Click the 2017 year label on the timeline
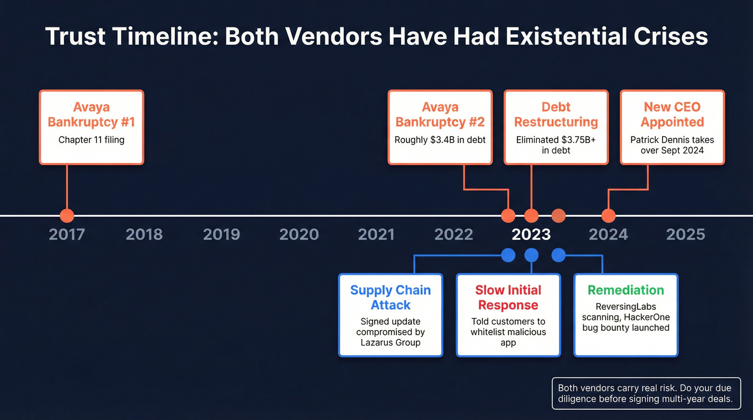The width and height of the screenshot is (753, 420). tap(67, 234)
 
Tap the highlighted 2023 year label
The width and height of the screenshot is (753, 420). tap(531, 234)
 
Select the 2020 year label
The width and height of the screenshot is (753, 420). tap(299, 234)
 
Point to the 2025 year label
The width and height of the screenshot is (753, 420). tap(685, 234)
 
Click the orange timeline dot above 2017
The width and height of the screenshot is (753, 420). tap(67, 216)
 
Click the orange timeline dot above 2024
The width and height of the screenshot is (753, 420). tap(608, 216)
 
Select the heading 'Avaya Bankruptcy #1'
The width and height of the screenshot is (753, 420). tap(91, 115)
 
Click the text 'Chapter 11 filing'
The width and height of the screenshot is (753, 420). tap(91, 140)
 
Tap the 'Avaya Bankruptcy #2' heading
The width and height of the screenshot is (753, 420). tap(440, 115)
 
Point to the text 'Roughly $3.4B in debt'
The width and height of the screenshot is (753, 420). tap(440, 140)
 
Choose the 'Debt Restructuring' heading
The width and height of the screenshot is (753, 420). tap(556, 115)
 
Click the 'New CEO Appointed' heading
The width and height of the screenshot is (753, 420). tap(672, 115)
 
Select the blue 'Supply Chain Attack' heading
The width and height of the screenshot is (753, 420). tap(390, 297)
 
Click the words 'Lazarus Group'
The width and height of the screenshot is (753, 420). tap(390, 343)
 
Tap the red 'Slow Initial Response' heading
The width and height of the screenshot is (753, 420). tap(508, 297)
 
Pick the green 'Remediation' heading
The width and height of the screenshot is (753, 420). tap(626, 290)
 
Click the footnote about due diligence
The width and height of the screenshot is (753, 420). tap(645, 393)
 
